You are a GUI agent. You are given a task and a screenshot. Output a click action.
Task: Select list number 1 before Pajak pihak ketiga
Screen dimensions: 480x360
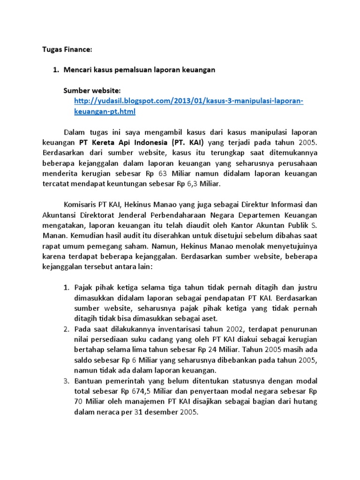click(x=67, y=287)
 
